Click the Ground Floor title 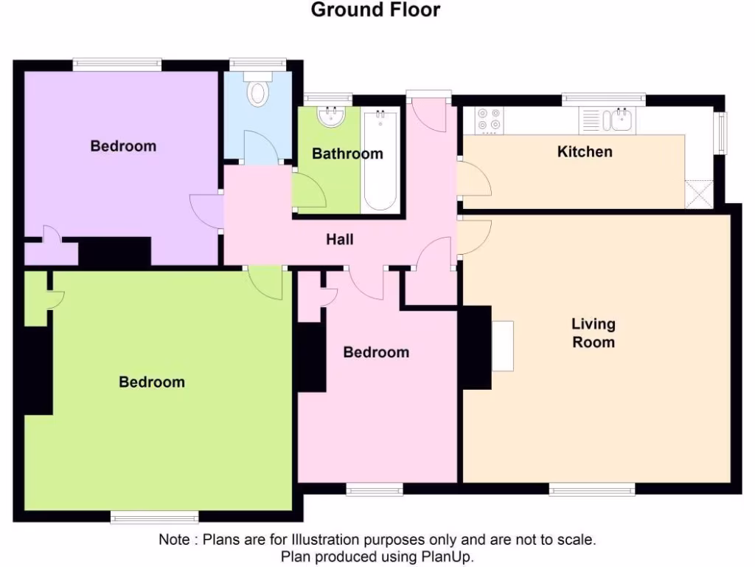[375, 10]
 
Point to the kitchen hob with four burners [487, 120]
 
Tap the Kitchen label [584, 152]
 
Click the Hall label [340, 239]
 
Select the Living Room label [593, 333]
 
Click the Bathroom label [347, 154]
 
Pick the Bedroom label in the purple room [123, 146]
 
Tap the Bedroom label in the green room [152, 382]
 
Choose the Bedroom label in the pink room [376, 352]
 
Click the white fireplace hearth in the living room [502, 346]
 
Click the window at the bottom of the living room [592, 489]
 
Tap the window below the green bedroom [154, 517]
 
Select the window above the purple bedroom [116, 65]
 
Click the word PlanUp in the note [447, 557]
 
